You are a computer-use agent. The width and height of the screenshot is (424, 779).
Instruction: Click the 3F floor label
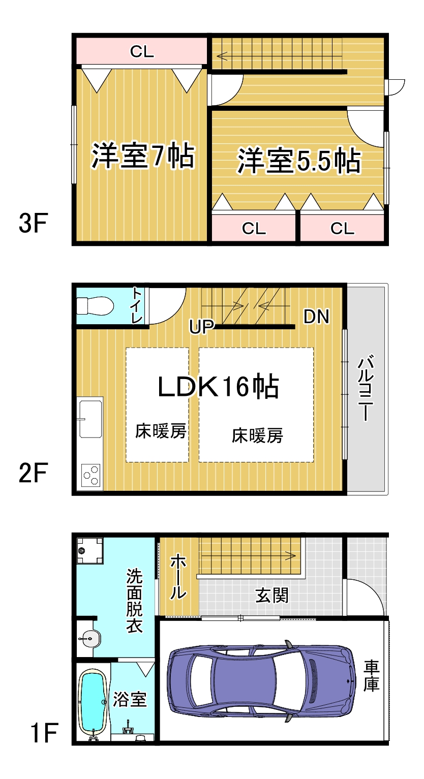(33, 223)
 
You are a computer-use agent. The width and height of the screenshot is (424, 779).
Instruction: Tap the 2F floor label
(33, 473)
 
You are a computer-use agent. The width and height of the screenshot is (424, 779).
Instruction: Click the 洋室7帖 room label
(143, 155)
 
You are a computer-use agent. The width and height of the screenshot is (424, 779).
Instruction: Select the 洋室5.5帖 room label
(299, 161)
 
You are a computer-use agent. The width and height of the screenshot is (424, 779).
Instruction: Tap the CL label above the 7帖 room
(142, 52)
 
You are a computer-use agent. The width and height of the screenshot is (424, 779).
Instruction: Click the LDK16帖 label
(218, 386)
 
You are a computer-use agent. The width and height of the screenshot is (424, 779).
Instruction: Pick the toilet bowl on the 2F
(95, 305)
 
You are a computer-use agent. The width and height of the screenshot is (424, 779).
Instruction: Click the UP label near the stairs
(201, 327)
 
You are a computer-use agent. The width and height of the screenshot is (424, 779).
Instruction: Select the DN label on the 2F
(316, 317)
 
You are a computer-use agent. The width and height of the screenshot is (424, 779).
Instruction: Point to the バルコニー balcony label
(366, 388)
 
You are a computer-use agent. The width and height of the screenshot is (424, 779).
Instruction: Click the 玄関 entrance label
(271, 596)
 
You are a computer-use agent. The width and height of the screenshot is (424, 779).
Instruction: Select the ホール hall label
(178, 578)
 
